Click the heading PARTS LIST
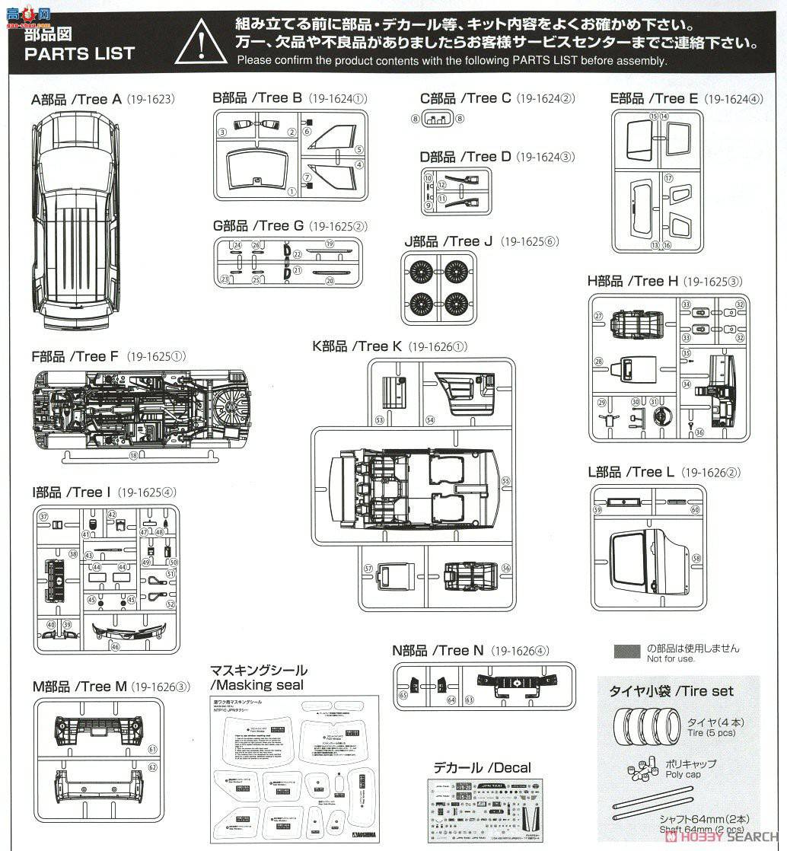click(79, 53)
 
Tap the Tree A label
click(76, 99)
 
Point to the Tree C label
click(465, 98)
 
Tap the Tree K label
click(357, 346)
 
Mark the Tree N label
click(438, 650)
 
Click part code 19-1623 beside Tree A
click(151, 100)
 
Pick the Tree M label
click(79, 687)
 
